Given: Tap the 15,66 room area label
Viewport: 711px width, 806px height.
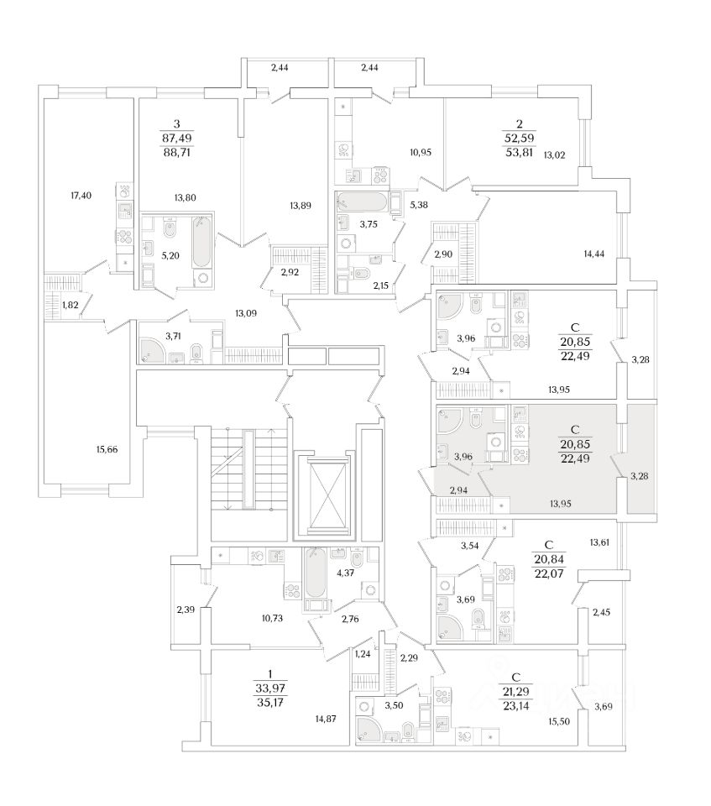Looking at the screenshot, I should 107,450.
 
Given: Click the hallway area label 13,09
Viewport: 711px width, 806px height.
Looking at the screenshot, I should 244,315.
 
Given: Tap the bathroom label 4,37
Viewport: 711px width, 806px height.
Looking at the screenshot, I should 345,574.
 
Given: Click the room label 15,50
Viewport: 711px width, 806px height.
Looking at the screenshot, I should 560,721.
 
